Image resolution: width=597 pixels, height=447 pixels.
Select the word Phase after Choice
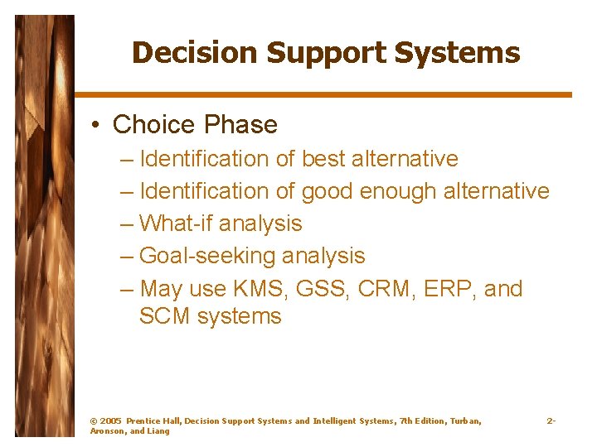(241, 125)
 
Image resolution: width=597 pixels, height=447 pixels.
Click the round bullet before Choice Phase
(97, 125)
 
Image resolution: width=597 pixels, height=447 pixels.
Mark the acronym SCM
(164, 316)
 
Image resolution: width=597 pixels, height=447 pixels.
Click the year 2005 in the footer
(110, 421)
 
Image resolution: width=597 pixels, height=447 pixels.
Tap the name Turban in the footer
(464, 421)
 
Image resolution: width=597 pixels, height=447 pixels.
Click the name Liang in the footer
(158, 431)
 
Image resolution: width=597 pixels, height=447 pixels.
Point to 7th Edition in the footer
(421, 421)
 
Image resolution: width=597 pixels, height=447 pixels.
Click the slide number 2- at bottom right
(551, 421)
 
